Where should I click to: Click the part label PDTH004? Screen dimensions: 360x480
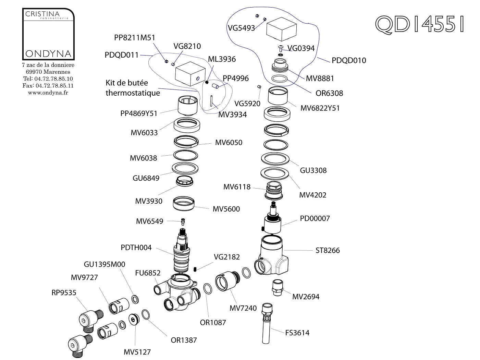pos(136,247)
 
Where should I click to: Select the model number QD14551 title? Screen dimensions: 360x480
pos(420,24)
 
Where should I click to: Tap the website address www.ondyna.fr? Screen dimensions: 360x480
pos(48,93)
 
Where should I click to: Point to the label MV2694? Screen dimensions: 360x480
pos(306,297)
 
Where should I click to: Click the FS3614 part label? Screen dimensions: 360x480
pos(297,333)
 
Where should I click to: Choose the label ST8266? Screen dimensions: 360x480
pos(328,250)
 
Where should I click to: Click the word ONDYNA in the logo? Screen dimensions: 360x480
pos(48,54)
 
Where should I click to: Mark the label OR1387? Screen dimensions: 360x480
pos(184,340)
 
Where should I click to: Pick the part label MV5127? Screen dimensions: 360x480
pos(137,352)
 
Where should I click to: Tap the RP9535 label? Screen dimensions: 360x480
pos(64,292)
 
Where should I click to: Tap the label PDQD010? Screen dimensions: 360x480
pos(349,60)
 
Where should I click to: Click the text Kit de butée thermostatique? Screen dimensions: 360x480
pos(133,88)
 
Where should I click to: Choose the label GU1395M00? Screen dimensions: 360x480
pos(104,264)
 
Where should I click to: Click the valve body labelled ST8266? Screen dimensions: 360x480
pos(272,255)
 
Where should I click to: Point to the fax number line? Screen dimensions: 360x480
pos(48,86)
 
